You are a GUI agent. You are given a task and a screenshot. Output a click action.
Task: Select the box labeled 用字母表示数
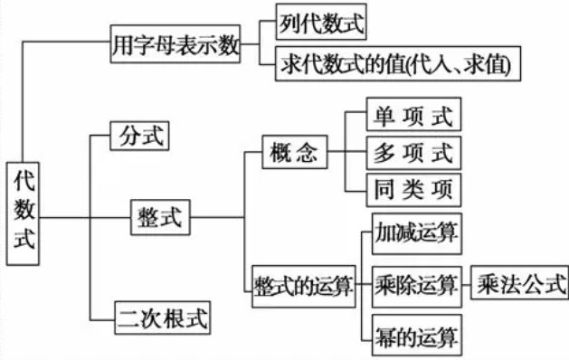175,43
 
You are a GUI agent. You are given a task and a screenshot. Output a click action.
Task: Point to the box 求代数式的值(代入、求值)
398,64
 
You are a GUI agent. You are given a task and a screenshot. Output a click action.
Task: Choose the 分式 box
139,137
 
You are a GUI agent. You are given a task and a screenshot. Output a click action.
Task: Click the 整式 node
161,216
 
